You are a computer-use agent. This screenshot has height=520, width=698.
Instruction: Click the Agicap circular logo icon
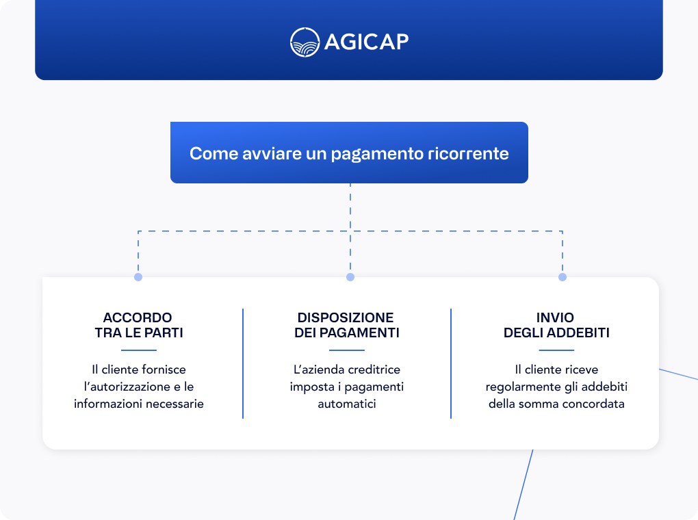pos(305,42)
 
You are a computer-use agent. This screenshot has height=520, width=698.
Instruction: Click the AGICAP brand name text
pos(366,42)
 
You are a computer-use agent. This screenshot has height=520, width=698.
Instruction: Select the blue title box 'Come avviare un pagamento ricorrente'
pos(349,153)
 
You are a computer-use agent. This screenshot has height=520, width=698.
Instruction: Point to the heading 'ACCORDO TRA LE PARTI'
pos(138,326)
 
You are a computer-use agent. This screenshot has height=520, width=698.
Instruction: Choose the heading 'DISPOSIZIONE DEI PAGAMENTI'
pos(346,326)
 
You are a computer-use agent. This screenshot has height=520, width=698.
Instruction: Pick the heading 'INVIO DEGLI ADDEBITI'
pos(556,326)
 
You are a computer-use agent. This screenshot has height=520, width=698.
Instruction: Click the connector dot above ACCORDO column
pos(138,277)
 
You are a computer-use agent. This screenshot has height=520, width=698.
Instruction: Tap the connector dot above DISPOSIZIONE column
pos(350,277)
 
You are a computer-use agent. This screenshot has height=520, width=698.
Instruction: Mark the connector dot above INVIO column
pos(563,277)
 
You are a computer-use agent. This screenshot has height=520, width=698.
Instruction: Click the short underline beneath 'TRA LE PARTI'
pos(138,350)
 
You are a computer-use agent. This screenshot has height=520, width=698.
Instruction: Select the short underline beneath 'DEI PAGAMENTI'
pos(346,350)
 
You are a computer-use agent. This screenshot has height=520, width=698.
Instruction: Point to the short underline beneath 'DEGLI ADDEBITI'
pos(556,350)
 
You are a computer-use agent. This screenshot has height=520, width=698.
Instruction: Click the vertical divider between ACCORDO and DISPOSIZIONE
pos(243,363)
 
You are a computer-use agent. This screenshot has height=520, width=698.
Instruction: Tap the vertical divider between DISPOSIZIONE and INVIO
pos(451,363)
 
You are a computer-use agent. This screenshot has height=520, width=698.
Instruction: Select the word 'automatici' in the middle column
pos(347,404)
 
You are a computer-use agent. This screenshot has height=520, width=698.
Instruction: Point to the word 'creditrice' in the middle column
pos(374,369)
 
